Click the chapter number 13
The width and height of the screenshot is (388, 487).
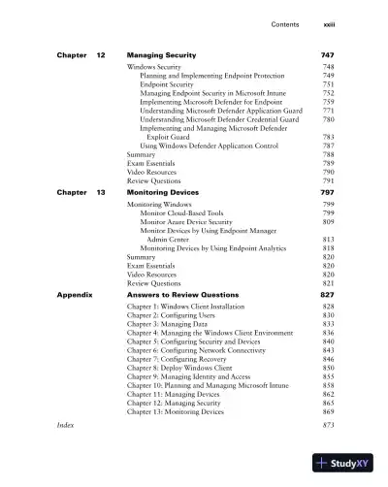[x=100, y=193]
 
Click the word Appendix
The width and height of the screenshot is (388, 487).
[x=74, y=293]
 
